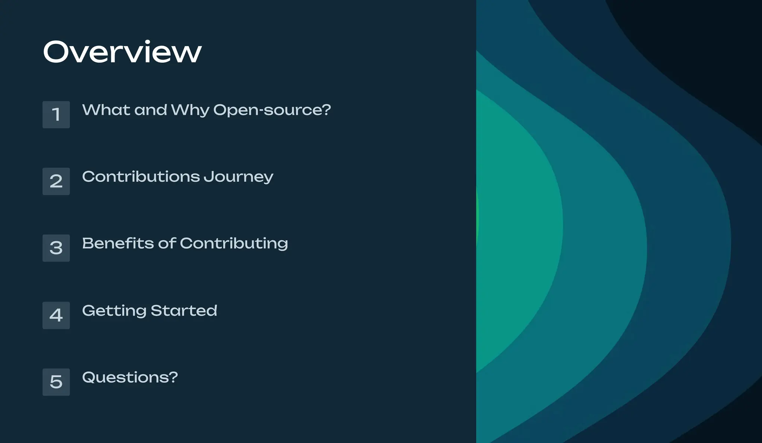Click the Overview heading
122,52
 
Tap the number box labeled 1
56,115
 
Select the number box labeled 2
56,181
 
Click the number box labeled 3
56,248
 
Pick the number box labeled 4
56,315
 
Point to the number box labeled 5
56,382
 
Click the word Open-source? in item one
272,110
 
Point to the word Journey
238,177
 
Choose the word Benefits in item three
118,243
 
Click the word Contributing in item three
234,244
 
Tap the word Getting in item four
114,311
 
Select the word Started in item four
184,310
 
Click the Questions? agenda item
130,377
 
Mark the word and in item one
151,110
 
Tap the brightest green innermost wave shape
517,231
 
